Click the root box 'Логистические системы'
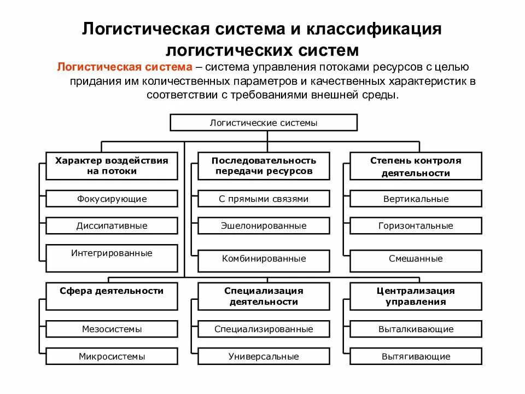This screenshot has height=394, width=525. pos(264,123)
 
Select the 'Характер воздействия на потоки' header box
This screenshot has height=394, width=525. pos(112,166)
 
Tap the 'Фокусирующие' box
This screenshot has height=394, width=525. pos(112,199)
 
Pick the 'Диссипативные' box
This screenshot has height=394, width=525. pos(112,225)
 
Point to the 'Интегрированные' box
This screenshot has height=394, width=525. pos(112,258)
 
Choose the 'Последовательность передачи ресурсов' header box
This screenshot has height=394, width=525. pos(264,166)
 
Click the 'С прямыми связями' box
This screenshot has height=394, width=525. pos(264,199)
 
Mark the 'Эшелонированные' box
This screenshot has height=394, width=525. pos(264,225)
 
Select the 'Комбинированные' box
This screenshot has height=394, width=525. pos(264,259)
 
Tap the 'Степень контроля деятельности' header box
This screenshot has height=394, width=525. pos(416,166)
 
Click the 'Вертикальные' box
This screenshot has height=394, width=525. pos(416,199)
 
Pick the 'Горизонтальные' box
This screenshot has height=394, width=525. pos(416,225)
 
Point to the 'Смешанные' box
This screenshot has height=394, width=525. pos(416,259)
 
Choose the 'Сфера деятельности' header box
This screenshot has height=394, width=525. pos(112,296)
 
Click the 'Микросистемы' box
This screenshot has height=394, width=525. pos(112,356)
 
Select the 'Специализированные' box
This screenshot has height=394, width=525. pos(264,329)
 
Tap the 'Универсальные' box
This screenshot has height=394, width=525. pos(264,356)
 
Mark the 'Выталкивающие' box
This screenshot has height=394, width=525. pos(416,329)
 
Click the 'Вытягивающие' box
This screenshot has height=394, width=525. pos(416,356)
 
